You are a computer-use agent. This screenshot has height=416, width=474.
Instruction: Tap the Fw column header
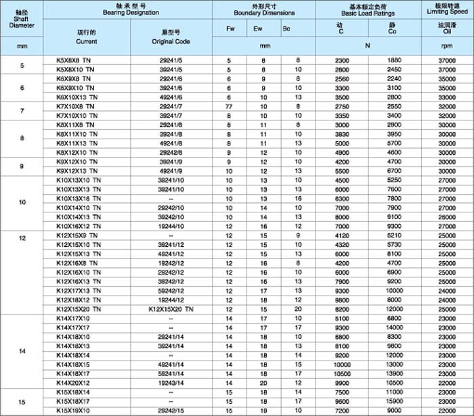[x=230, y=28]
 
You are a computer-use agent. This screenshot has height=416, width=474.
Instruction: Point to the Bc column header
[x=286, y=28]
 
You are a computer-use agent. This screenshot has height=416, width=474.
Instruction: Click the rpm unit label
[x=445, y=46]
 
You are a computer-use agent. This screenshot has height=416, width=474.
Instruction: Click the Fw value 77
[x=230, y=107]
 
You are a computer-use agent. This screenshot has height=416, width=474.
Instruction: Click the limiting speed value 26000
[x=445, y=216]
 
